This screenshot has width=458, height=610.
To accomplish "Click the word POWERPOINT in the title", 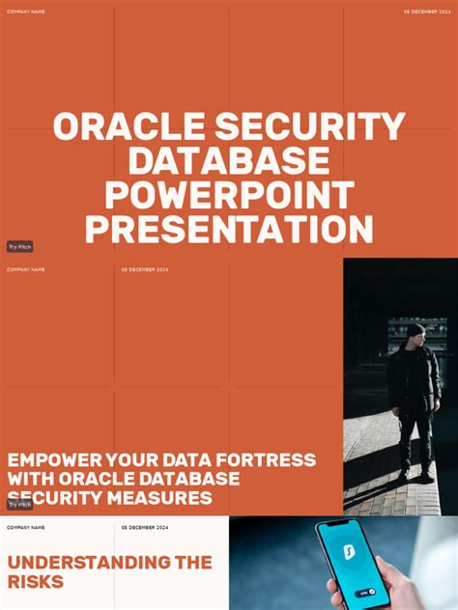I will click(229, 196).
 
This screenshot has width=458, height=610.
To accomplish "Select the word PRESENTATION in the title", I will click(229, 230).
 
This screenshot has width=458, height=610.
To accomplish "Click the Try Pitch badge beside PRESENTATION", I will click(19, 247).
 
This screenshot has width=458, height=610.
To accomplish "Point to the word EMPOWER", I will click(54, 460).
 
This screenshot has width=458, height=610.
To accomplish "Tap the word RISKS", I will click(36, 582).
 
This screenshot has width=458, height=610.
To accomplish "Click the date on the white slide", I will click(145, 528).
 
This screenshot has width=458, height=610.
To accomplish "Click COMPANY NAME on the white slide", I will click(25, 528).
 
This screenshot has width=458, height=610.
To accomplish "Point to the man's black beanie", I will click(415, 330).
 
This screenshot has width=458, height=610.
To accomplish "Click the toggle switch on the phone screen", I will click(366, 594).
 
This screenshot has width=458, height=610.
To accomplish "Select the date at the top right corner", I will click(427, 12).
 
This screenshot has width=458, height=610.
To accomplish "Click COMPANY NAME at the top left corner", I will click(25, 12).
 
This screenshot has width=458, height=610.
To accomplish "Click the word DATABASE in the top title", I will click(229, 162).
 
